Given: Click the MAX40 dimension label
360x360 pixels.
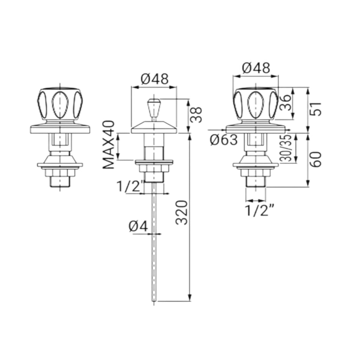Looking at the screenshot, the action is tap(109, 145).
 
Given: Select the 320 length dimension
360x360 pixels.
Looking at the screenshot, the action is tap(182, 213).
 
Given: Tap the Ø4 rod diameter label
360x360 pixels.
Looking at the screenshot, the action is tap(138, 227).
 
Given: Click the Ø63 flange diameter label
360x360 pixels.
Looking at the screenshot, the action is tap(223, 140).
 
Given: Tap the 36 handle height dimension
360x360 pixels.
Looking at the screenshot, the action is tap(285, 103).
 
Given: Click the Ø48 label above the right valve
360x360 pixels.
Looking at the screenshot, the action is tap(256, 68).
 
